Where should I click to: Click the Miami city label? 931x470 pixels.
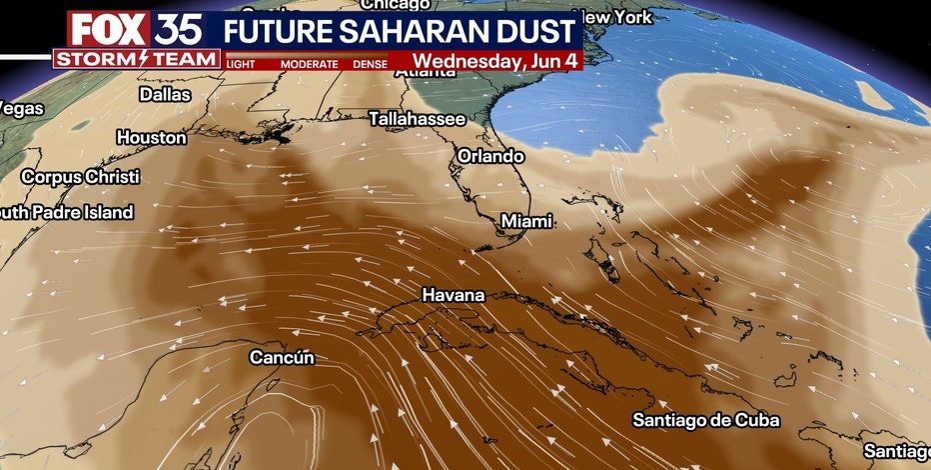(x=526, y=220)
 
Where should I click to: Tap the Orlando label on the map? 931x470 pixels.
(x=490, y=156)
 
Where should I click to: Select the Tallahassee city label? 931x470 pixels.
(x=417, y=118)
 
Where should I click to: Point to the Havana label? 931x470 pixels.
(x=453, y=295)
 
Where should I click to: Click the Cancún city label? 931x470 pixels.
(x=282, y=356)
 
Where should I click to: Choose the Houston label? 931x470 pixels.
(x=152, y=137)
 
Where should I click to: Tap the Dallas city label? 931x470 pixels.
(x=165, y=95)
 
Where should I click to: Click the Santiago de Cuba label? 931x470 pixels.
(x=706, y=420)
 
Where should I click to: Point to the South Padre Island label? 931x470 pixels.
(x=66, y=212)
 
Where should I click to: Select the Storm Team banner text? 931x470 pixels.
(x=137, y=59)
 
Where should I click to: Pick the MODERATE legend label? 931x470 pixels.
(x=309, y=64)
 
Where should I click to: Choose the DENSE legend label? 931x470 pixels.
(x=372, y=64)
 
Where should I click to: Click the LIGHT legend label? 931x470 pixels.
(x=241, y=64)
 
